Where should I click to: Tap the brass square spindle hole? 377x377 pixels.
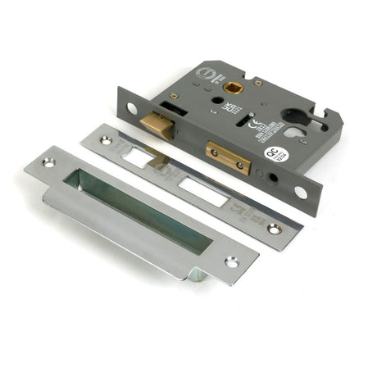coord(233,85)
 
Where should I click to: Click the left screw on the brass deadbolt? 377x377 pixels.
coord(212,152)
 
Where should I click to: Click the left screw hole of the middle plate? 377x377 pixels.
coord(106,140)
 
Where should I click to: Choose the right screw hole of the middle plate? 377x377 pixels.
coord(273,229)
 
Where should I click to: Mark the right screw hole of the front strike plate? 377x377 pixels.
coord(231,262)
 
